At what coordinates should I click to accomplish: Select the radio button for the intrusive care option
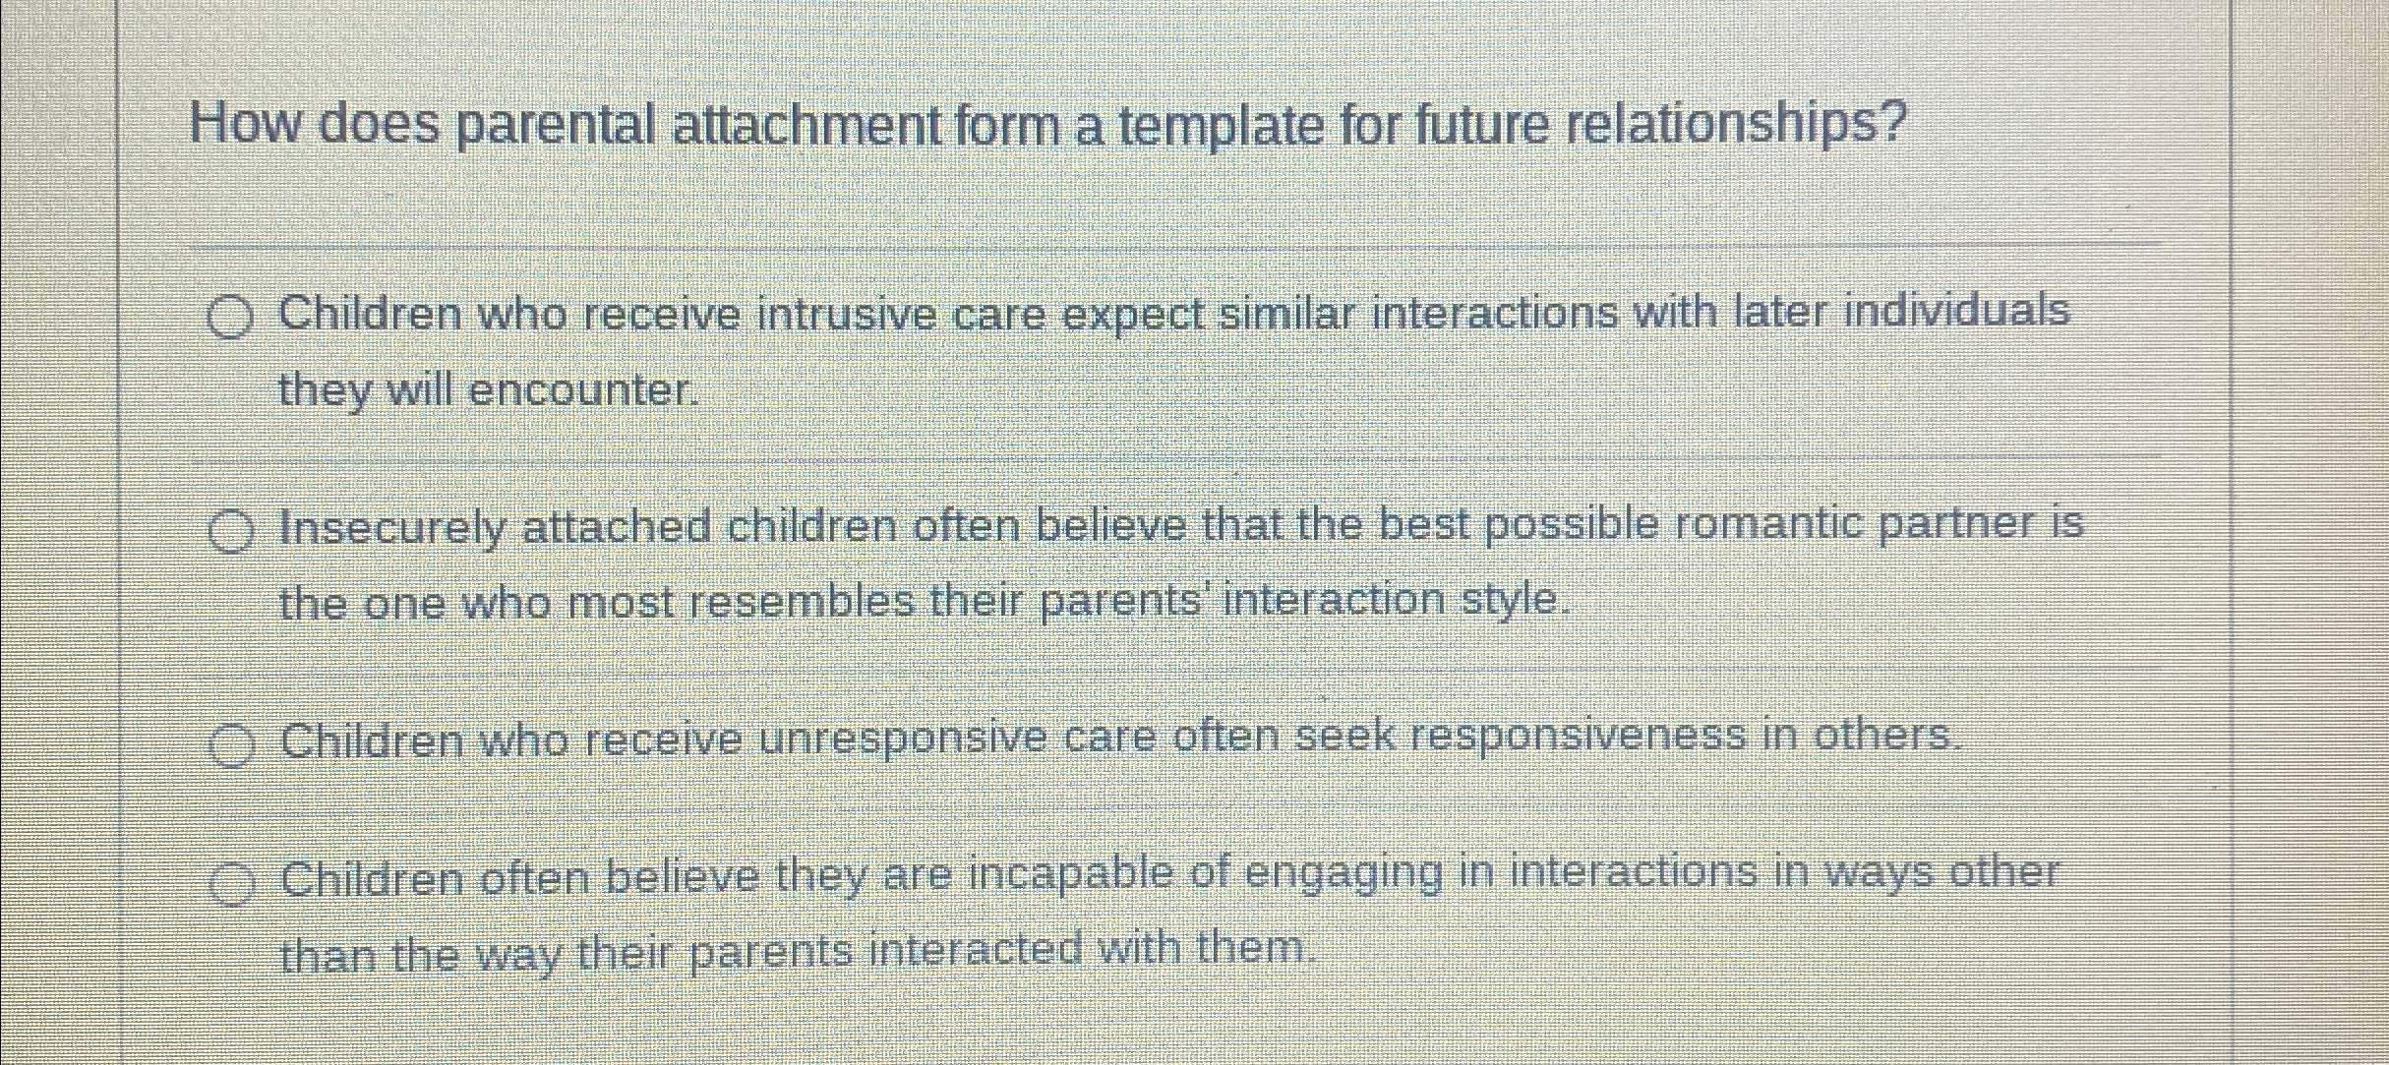coord(230,318)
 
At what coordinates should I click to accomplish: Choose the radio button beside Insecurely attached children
coord(231,532)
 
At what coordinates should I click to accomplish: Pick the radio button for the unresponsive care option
coord(232,744)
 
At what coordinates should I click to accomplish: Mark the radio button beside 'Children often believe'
coord(233,882)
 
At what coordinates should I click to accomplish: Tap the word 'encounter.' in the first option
coord(584,391)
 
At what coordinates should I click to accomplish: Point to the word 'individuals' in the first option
coord(1957,311)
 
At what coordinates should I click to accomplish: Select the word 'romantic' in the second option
coord(1768,524)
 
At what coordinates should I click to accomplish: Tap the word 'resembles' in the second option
coord(802,601)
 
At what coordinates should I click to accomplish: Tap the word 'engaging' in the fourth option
coord(1344,874)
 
